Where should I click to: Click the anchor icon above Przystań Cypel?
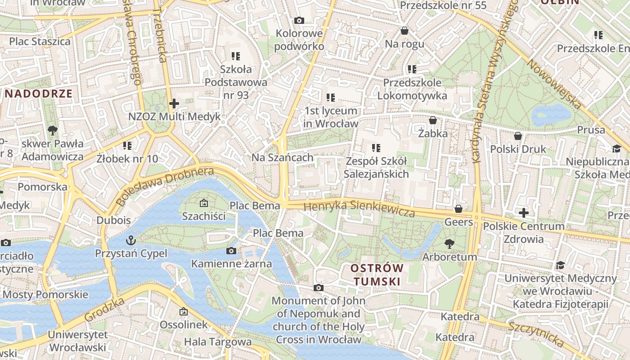click(131, 239)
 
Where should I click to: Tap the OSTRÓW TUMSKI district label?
click(377, 274)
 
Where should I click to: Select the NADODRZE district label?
click(39, 94)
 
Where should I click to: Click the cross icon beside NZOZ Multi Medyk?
click(174, 103)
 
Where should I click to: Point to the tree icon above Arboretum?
click(449, 244)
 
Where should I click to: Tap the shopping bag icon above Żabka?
click(433, 120)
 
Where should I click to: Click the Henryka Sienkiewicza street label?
click(359, 209)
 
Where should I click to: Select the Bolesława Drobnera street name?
click(164, 186)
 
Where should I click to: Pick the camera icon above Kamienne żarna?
click(231, 251)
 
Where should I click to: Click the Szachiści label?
click(204, 216)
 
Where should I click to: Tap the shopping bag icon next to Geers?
click(459, 209)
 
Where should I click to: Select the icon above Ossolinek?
click(184, 311)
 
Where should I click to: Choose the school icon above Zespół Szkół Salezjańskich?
click(376, 148)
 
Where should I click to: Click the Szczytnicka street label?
click(536, 334)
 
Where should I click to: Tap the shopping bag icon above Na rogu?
click(405, 31)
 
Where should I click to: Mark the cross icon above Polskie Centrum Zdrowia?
click(523, 212)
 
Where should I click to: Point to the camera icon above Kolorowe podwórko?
click(299, 20)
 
